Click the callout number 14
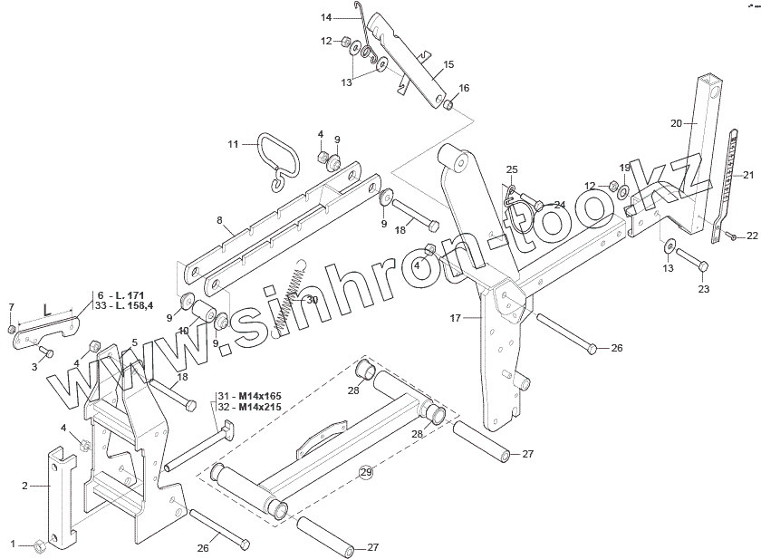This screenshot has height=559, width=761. [x=327, y=16]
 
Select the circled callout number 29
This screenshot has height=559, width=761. [x=366, y=471]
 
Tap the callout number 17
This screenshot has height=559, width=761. [x=456, y=318]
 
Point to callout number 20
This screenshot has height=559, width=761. [x=676, y=122]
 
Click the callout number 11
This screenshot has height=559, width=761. [x=233, y=144]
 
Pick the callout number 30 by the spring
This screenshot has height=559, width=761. [x=312, y=300]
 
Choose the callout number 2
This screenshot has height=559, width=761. [x=25, y=486]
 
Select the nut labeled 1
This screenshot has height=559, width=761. [x=38, y=545]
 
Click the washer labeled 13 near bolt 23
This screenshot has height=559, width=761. [x=667, y=245]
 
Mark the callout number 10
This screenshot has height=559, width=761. [x=183, y=330]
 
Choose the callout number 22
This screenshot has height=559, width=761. [x=752, y=236]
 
